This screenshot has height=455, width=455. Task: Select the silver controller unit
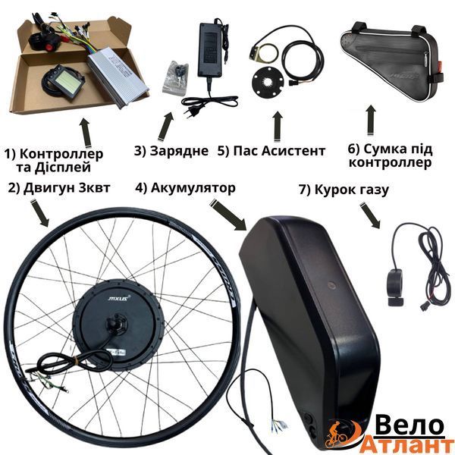click(x=118, y=76)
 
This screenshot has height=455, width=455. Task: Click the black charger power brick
click(x=210, y=50)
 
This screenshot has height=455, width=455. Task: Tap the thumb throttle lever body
click(x=395, y=287)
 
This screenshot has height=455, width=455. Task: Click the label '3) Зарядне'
click(x=171, y=151)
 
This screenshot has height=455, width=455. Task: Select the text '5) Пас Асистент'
click(x=271, y=151)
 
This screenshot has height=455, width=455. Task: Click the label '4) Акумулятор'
click(x=185, y=188)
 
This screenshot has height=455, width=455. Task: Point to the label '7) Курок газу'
click(x=344, y=190)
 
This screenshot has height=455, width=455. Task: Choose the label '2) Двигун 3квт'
click(x=59, y=188)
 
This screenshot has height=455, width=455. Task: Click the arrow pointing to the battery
click(x=229, y=215)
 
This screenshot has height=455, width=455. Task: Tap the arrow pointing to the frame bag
click(x=371, y=120)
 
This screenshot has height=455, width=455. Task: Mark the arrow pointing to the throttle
click(x=370, y=215)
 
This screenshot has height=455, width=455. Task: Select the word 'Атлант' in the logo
click(x=406, y=444)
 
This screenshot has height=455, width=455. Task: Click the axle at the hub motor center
click(x=115, y=324)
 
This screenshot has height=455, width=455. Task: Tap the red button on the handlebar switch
click(x=52, y=45)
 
